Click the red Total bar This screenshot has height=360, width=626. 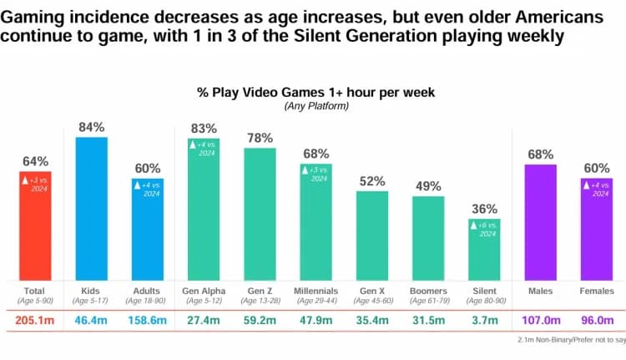point(36,226)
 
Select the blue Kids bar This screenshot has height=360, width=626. point(92,209)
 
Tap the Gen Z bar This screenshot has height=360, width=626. point(260,214)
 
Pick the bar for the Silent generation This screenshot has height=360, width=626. point(484,250)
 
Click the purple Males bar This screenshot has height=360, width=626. point(539,222)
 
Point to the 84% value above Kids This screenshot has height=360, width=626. point(92,127)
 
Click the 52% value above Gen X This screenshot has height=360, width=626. point(372,181)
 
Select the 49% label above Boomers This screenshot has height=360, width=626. point(428,186)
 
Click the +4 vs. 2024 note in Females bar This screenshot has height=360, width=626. point(596,190)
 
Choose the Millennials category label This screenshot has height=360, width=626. point(316,291)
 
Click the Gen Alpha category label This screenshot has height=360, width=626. point(204,291)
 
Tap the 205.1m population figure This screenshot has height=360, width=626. point(36,318)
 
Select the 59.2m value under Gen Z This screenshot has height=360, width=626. point(260,318)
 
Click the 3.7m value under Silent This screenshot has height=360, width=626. point(484,318)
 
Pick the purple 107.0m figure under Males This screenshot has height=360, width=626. point(539,318)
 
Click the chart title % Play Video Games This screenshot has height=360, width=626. point(313,92)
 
